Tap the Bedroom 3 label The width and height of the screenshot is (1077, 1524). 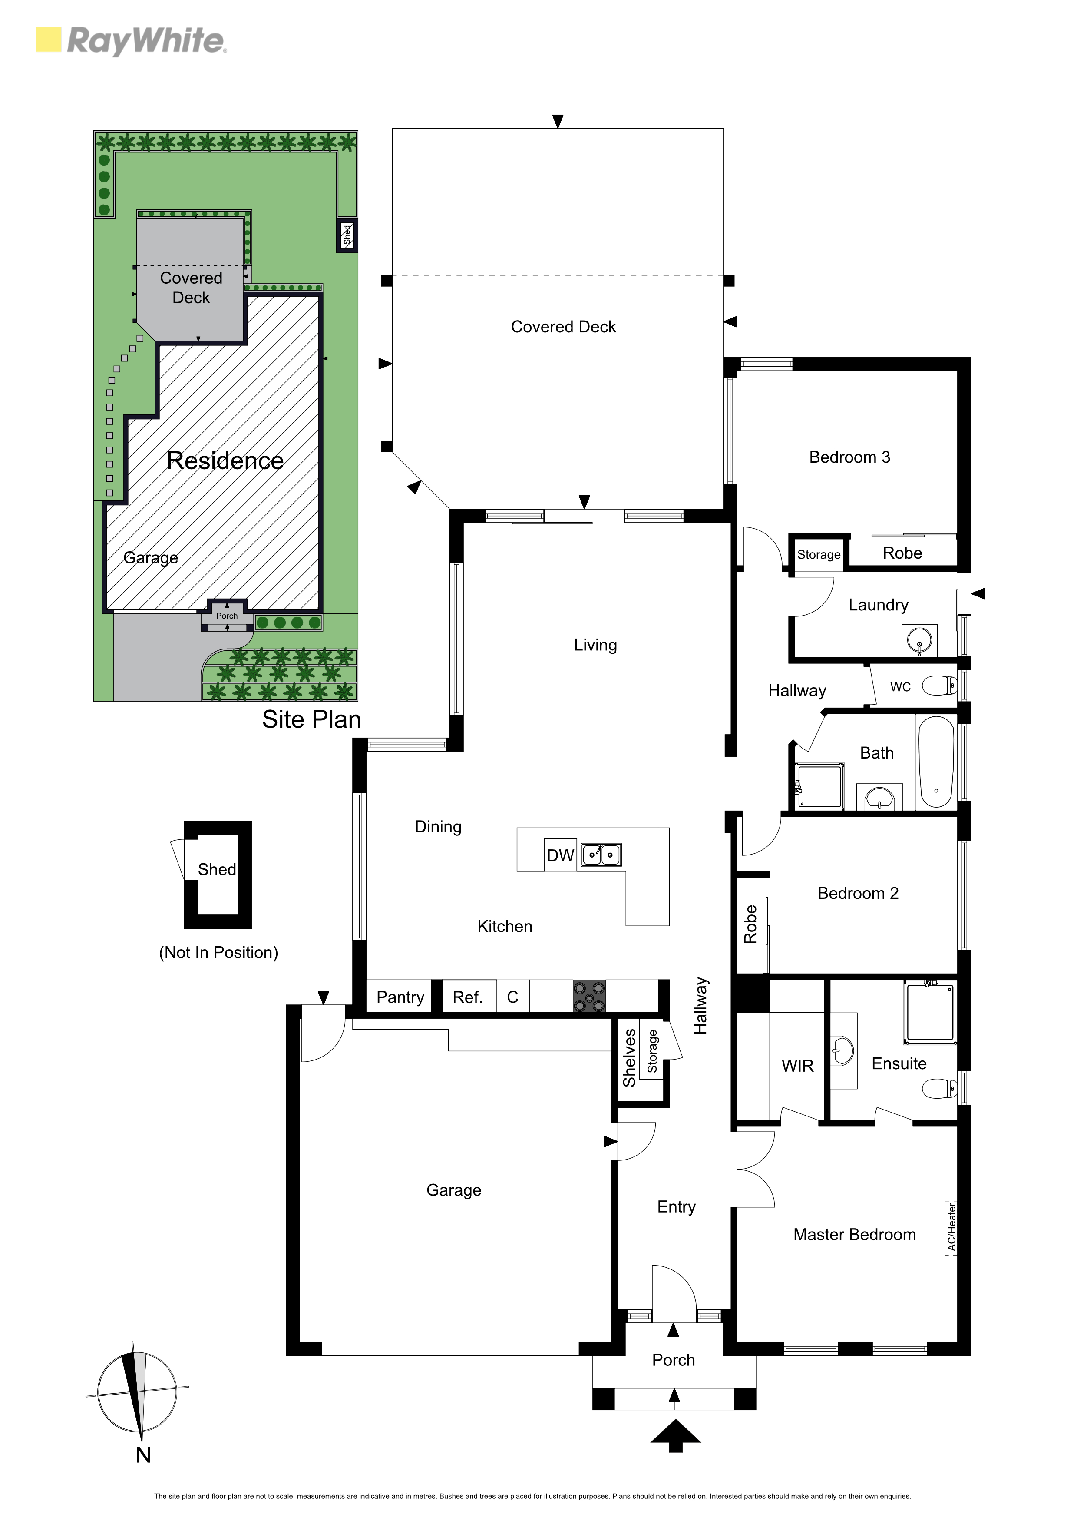[849, 457]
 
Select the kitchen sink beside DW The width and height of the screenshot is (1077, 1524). [601, 855]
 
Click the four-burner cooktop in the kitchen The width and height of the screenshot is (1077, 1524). [589, 997]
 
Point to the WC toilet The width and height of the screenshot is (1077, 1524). [940, 686]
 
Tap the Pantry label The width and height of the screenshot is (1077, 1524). [400, 997]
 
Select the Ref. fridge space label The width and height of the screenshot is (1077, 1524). [467, 997]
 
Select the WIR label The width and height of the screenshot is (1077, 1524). [798, 1066]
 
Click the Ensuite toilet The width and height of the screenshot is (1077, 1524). [940, 1089]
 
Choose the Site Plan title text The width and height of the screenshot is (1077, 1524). [311, 719]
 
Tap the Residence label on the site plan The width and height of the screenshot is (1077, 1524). [225, 461]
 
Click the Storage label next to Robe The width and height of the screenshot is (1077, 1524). [819, 555]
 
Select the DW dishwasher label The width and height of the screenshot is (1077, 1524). [560, 855]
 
